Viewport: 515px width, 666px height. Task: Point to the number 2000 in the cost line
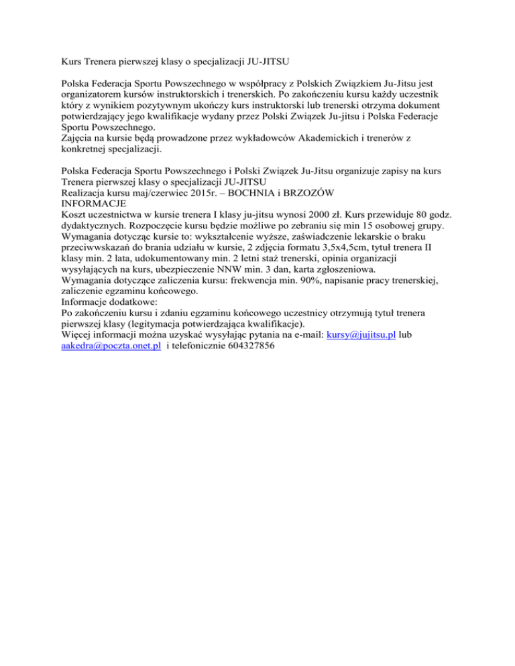(340, 213)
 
